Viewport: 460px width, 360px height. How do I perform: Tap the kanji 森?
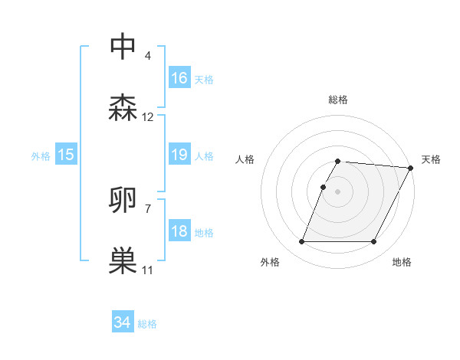123,108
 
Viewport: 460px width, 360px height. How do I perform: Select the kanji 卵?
123,200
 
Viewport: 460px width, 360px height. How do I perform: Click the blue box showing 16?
179,78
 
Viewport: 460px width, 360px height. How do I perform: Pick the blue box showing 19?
179,155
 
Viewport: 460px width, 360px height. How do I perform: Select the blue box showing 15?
66,155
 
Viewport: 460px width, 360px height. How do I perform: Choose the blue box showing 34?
123,323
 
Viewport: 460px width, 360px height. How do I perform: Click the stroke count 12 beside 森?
148,117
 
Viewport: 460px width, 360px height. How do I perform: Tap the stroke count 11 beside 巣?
148,270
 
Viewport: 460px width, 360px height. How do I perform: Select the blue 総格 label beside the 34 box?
147,324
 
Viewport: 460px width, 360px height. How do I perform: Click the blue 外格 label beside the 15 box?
41,156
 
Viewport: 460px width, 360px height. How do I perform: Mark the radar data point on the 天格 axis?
411,168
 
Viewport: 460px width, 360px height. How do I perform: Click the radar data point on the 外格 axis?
301,242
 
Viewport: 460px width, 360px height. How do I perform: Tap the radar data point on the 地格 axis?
374,242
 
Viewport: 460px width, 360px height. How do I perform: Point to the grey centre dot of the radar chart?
337,191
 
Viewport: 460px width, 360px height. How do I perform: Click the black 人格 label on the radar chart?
245,159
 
